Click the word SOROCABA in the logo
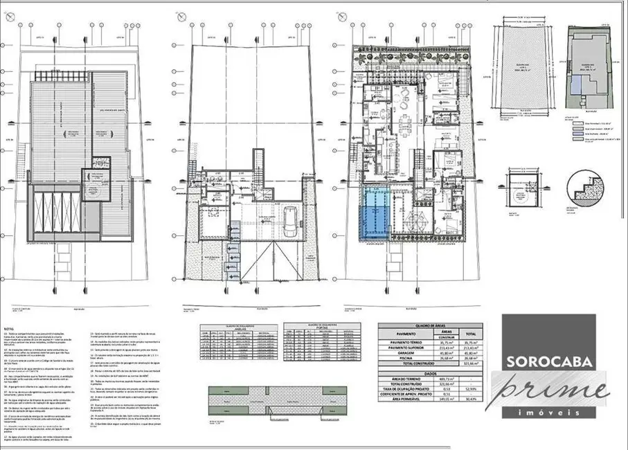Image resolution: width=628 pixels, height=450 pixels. pos(547,361)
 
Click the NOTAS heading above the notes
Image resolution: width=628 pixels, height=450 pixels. pos(8,330)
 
